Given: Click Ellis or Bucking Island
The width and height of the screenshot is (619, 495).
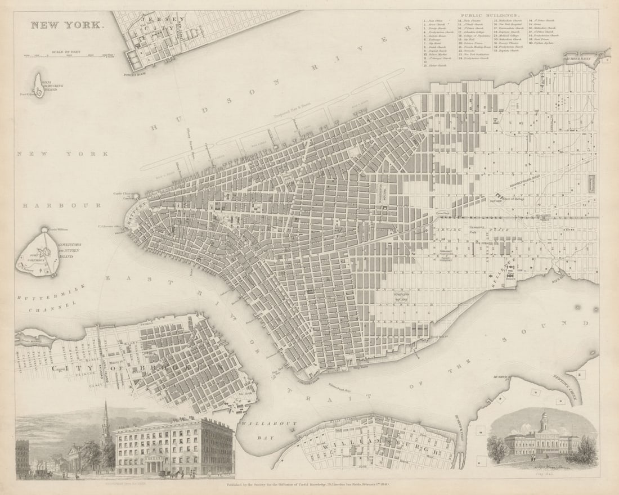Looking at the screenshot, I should coord(39,85).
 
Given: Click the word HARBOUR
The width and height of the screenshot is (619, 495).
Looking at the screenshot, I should coord(54,206).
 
